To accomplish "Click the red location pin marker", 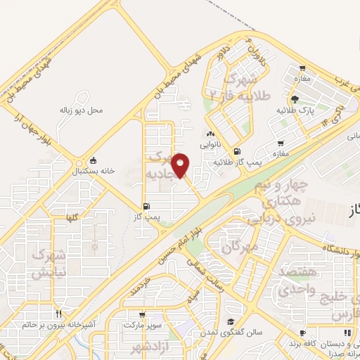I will [x=181, y=165].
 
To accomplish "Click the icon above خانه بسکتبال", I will [x=94, y=160].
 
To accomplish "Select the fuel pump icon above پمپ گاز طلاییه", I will [x=236, y=151].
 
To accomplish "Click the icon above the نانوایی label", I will [x=209, y=134].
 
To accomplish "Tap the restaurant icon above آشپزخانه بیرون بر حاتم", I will [x=59, y=314].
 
